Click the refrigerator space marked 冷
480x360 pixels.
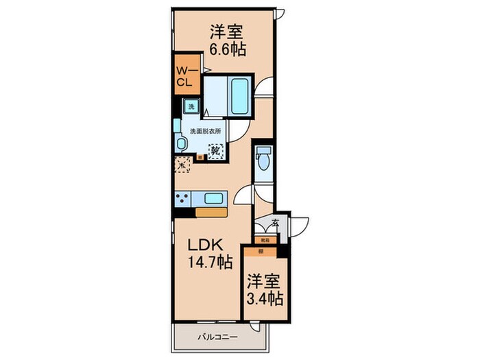pos(182,165)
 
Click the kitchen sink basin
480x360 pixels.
pos(215,199)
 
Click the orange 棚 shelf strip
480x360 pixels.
pos(263,252)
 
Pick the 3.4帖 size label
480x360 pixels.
pos(265,300)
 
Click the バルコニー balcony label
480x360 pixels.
pos(218,337)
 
